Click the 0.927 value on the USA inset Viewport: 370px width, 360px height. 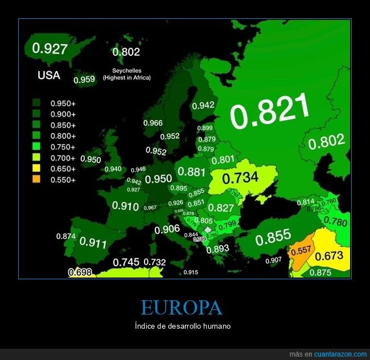tap(50, 49)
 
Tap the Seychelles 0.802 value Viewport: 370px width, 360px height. tap(126, 52)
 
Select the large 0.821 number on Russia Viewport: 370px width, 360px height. tap(270, 110)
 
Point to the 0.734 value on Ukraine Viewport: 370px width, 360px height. tap(240, 178)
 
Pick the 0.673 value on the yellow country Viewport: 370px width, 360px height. tap(329, 256)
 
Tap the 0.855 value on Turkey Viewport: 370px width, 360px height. tap(273, 236)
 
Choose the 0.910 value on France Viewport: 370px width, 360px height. tap(125, 206)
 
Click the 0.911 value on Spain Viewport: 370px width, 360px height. tap(93, 243)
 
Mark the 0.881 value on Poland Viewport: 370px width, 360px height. tap(192, 172)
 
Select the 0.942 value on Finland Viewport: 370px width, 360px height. tap(203, 105)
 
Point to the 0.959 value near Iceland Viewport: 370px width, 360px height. tap(84, 80)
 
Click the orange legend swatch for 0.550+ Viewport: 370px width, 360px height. tap(36, 180)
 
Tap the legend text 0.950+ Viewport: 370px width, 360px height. tap(63, 104)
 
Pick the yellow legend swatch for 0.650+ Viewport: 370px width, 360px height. tap(36, 169)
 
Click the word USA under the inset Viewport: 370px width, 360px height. tap(48, 75)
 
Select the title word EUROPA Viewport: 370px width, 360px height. tap(181, 308)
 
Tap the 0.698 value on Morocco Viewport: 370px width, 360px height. tap(80, 272)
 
